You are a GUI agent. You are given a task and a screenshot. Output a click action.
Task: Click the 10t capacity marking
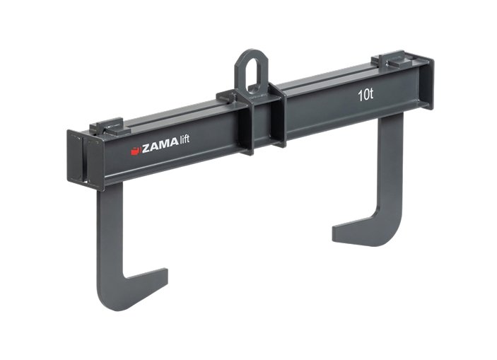tap(366, 95)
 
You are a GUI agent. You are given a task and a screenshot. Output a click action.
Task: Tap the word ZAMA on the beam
tap(160, 146)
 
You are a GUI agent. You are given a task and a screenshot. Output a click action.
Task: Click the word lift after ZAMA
tap(185, 140)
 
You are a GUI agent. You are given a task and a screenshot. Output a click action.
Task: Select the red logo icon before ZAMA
tap(136, 151)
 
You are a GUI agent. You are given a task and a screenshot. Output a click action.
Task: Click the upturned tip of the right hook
tap(336, 233)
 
